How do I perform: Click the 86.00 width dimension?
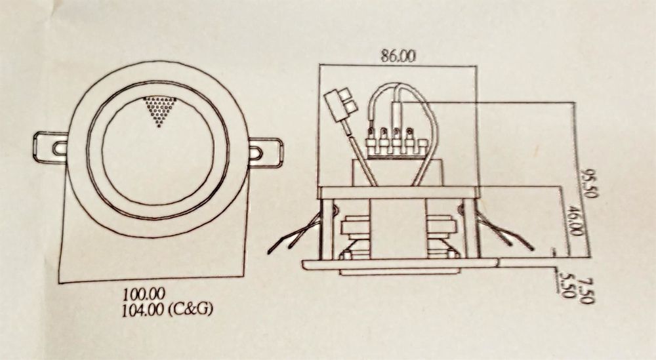pyautogui.click(x=398, y=56)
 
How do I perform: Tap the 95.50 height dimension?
pyautogui.click(x=592, y=183)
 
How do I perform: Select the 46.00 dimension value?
pyautogui.click(x=576, y=220)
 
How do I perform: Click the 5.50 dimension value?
pyautogui.click(x=567, y=285)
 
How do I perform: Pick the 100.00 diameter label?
pyautogui.click(x=144, y=294)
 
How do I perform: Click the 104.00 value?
pyautogui.click(x=142, y=310)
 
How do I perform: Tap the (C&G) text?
pyautogui.click(x=190, y=310)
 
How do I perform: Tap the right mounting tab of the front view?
pyautogui.click(x=265, y=153)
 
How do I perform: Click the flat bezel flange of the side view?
pyautogui.click(x=400, y=264)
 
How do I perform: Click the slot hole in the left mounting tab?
pyautogui.click(x=59, y=148)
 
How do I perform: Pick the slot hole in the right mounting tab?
pyautogui.click(x=256, y=153)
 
